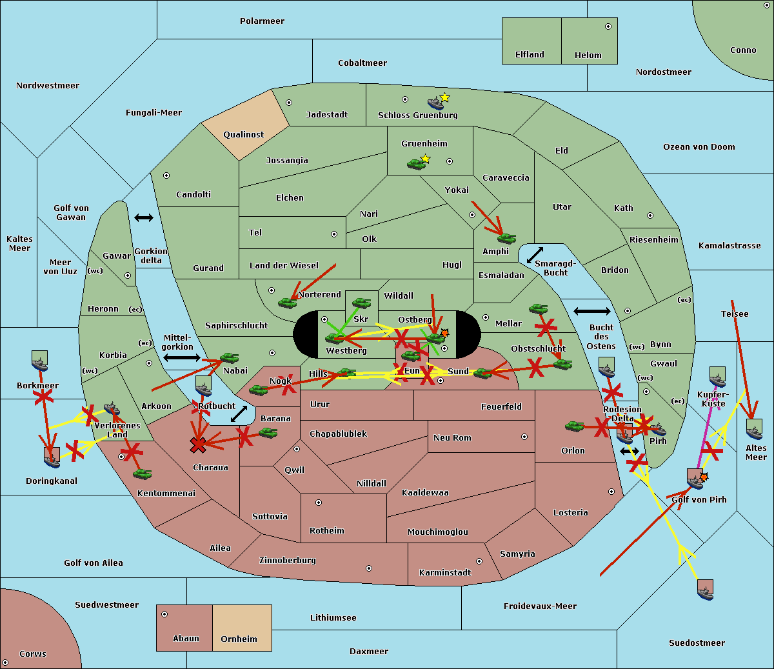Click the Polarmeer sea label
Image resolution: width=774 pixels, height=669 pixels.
[x=262, y=21]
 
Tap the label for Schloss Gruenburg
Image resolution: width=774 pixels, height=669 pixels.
[x=417, y=115]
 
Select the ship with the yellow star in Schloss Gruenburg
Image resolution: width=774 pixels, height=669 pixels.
[x=437, y=103]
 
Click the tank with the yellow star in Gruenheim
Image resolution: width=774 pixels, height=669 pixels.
[x=417, y=165]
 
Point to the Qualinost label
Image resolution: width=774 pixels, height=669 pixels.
[x=244, y=135]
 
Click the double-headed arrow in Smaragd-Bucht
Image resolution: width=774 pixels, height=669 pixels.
[x=535, y=255]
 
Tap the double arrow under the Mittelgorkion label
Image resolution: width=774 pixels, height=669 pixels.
[x=182, y=357]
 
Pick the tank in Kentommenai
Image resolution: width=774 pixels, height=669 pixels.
[x=142, y=474]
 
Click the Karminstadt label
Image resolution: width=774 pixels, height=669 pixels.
[x=445, y=573]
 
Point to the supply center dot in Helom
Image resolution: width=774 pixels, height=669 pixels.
[x=608, y=26]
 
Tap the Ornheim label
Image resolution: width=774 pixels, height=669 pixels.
[x=239, y=639]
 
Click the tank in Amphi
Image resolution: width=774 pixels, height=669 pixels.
[x=506, y=239]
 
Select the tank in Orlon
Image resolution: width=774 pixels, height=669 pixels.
[x=574, y=426]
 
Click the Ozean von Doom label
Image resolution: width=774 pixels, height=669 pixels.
[x=699, y=147]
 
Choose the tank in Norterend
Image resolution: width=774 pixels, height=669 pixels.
[x=288, y=303]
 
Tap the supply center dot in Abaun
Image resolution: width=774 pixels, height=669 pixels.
[x=164, y=614]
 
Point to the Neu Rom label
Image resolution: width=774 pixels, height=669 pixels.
[x=452, y=438]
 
